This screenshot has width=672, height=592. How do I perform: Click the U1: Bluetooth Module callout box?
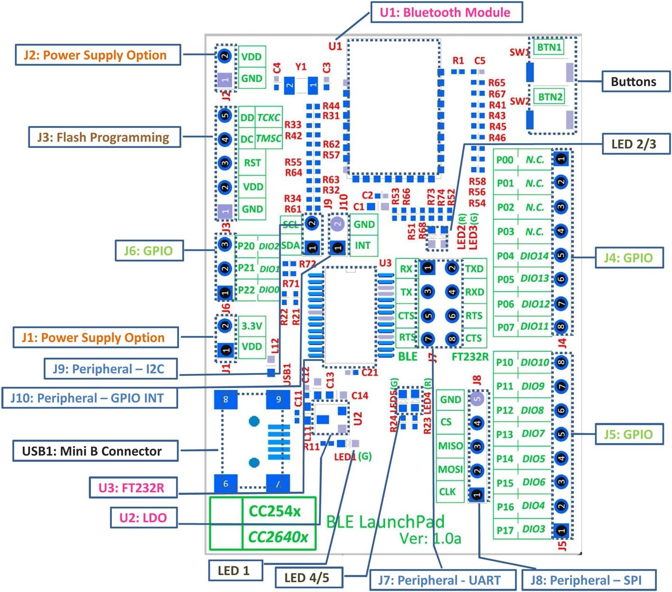(x=445, y=12)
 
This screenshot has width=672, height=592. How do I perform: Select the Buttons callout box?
(x=634, y=82)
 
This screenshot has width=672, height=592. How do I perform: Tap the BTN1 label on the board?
(x=549, y=47)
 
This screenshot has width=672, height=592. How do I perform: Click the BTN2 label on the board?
(x=549, y=97)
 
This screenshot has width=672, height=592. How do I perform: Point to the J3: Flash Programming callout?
(x=104, y=137)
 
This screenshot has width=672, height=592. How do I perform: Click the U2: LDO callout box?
(x=143, y=518)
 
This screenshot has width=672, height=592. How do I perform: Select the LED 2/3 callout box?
(x=634, y=144)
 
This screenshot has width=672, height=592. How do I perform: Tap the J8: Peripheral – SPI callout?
(x=586, y=580)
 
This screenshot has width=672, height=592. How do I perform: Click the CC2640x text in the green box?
(x=278, y=537)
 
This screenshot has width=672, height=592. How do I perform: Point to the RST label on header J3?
(x=252, y=163)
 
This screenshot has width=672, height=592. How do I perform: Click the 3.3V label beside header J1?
(x=251, y=326)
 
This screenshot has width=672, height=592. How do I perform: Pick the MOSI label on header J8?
(x=450, y=469)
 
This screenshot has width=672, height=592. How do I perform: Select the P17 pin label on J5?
(x=505, y=530)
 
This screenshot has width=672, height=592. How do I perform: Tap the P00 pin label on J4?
(x=505, y=160)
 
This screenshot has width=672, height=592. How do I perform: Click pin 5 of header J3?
(x=225, y=115)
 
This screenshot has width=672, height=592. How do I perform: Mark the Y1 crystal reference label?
(x=301, y=67)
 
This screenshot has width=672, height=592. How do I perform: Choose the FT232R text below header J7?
(x=470, y=357)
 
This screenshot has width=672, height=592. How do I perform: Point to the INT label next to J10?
(x=363, y=246)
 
